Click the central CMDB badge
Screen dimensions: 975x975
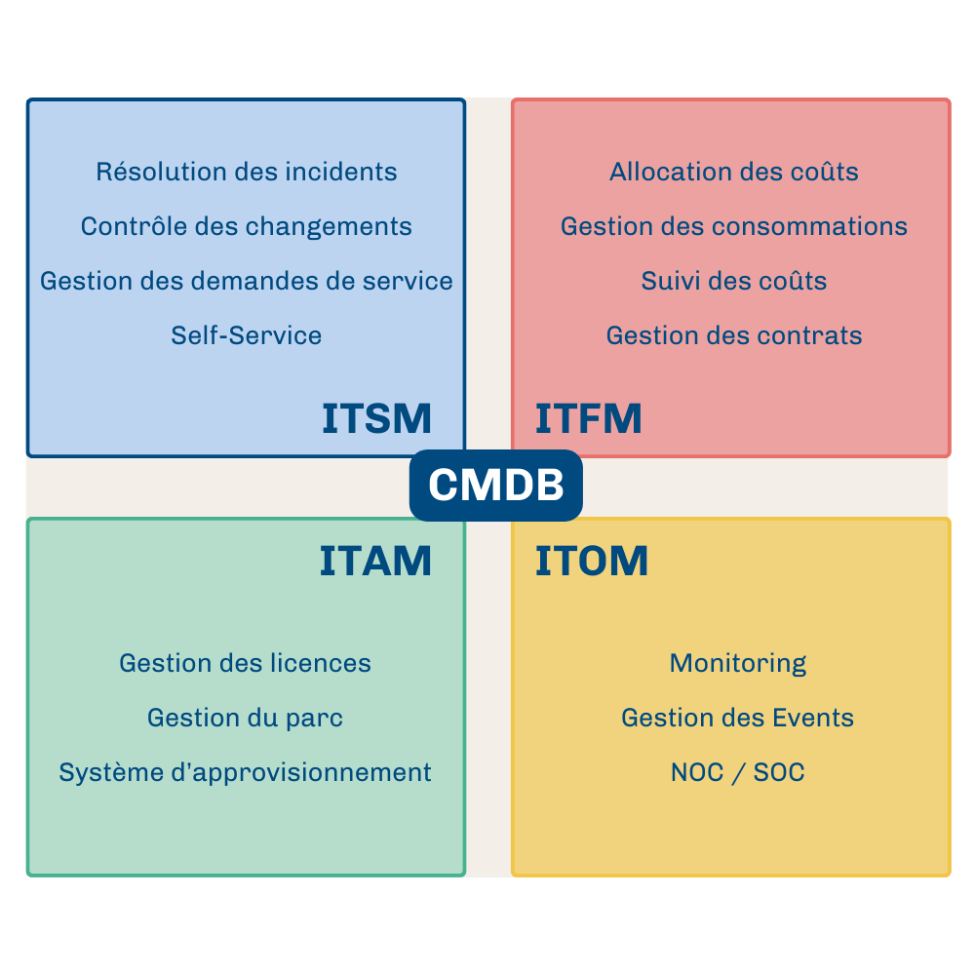(495, 485)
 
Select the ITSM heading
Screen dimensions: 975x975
(376, 418)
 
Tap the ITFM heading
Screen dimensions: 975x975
(589, 418)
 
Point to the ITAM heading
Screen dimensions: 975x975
(375, 562)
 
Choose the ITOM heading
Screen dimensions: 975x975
(592, 562)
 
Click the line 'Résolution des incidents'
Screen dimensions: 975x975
(247, 173)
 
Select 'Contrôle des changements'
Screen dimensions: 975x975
(247, 227)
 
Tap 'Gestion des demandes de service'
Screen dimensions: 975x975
(247, 282)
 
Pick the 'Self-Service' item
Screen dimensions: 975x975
(247, 336)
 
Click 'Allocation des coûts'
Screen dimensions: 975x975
(734, 173)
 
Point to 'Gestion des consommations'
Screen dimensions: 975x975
(734, 227)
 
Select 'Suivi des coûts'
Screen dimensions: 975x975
(734, 282)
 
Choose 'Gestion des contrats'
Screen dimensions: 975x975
(734, 336)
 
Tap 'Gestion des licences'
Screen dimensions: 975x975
(246, 664)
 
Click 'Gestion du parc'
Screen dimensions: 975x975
(246, 719)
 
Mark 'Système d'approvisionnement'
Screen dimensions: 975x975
(246, 773)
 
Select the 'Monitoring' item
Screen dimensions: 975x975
(738, 664)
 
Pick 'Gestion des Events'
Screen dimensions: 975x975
(738, 719)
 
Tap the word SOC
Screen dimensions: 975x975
(779, 773)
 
